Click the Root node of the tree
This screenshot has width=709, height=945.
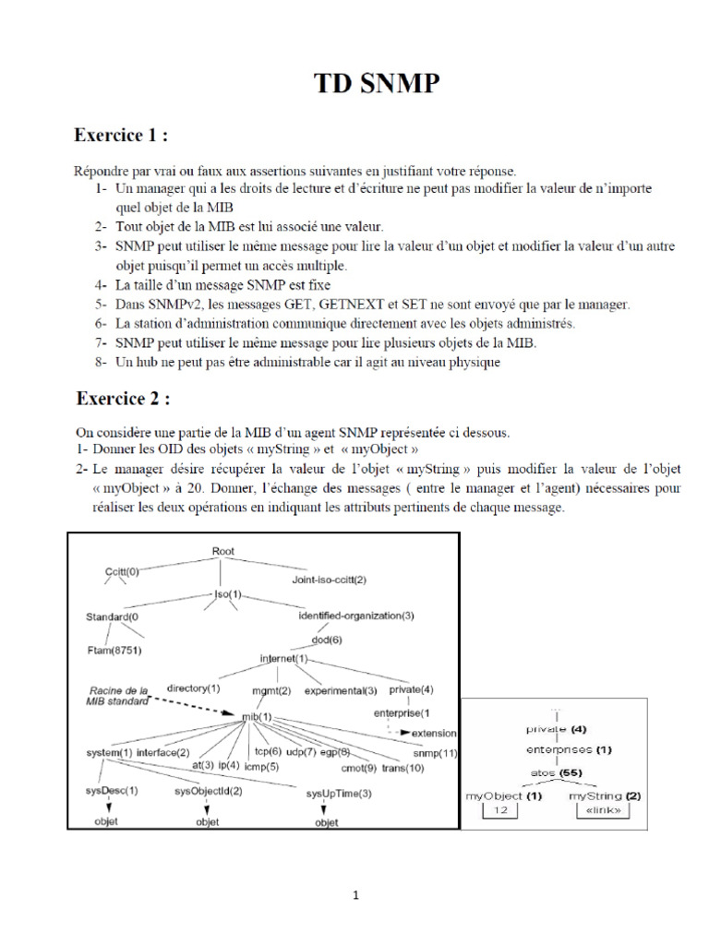point(223,551)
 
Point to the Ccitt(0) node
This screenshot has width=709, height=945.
point(121,571)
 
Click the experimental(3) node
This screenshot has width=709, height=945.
point(341,690)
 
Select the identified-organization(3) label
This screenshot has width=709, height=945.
point(356,615)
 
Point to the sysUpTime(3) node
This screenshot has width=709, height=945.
point(339,793)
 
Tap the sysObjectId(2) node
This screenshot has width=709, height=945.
point(209,791)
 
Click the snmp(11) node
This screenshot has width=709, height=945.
point(436,754)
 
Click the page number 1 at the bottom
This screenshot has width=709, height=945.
point(354,895)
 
